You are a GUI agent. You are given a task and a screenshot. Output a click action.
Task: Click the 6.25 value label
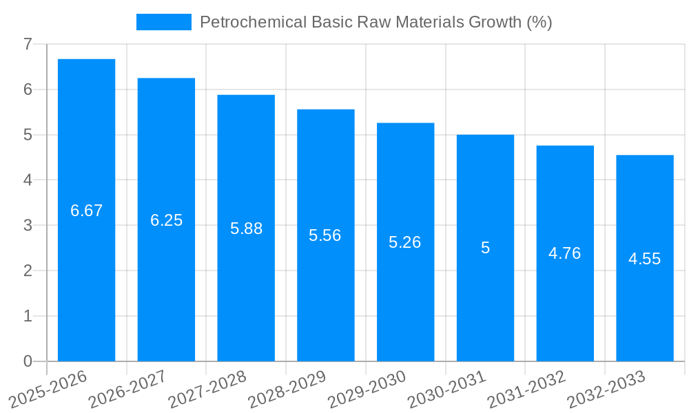click(167, 220)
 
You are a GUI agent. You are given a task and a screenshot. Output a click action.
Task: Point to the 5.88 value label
click(246, 229)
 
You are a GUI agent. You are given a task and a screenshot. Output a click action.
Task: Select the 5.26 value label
click(405, 242)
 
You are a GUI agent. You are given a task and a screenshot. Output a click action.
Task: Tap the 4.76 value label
click(565, 253)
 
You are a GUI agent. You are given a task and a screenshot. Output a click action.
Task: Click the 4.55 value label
click(645, 259)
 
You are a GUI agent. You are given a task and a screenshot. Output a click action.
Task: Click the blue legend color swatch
click(164, 22)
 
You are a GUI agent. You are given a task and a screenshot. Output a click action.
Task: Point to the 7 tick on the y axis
click(28, 44)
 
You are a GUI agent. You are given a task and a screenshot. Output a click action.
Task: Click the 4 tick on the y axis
click(28, 180)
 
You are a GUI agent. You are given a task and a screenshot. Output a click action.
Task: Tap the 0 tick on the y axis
click(28, 361)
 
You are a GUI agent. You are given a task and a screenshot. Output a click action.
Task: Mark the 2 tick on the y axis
click(28, 271)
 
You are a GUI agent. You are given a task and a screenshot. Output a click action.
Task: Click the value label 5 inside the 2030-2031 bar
click(485, 248)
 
